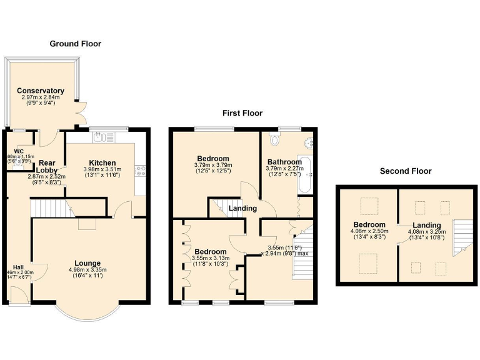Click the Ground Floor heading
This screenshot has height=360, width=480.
click(x=75, y=44)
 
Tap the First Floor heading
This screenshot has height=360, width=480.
click(x=242, y=113)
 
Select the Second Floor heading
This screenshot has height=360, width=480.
click(x=405, y=171)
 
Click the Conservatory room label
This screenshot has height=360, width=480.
click(x=41, y=91)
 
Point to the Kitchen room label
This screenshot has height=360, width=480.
click(x=102, y=162)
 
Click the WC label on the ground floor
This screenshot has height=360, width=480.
click(x=19, y=151)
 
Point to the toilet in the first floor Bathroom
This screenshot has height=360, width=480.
click(x=275, y=137)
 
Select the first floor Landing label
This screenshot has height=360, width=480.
click(x=241, y=209)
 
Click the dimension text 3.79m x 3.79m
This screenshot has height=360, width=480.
click(x=213, y=166)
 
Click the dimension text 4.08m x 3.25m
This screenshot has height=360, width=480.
click(x=427, y=231)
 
